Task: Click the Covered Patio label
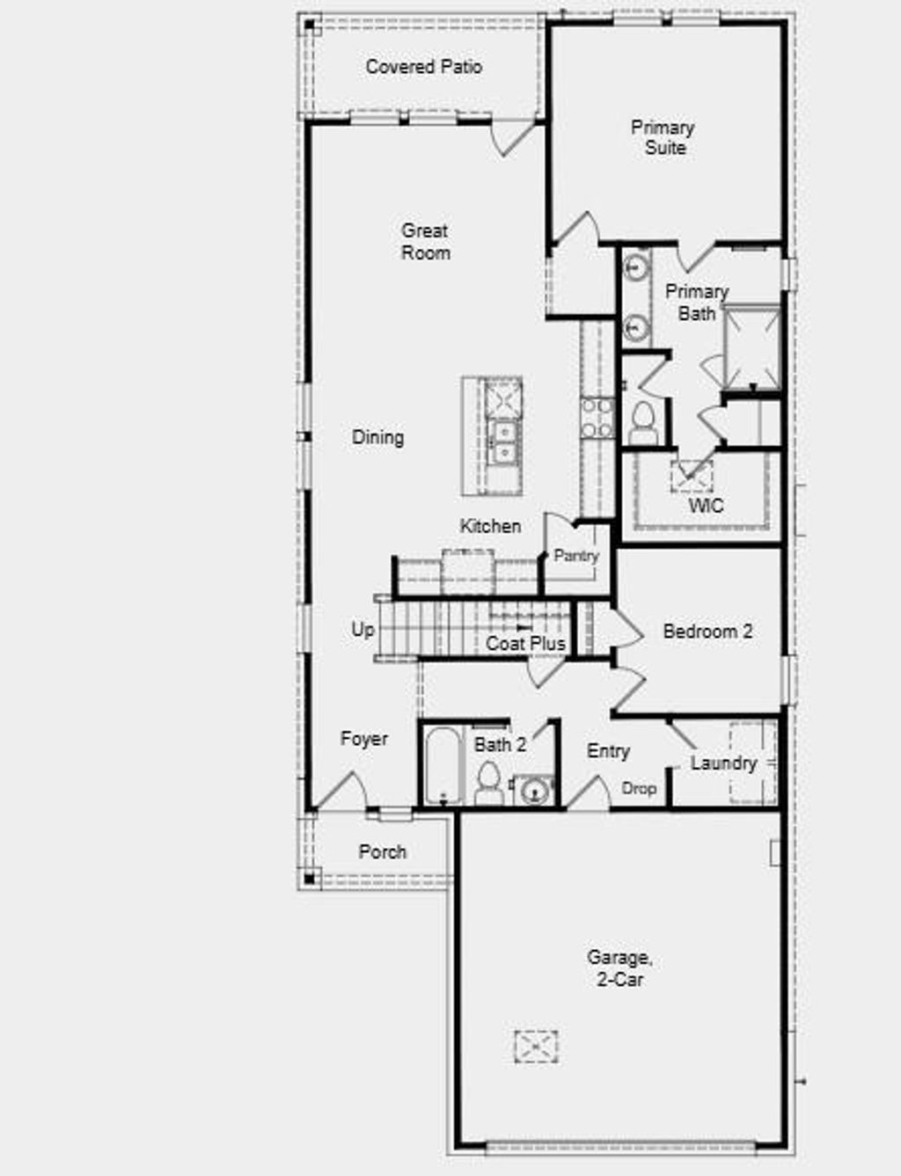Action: (423, 66)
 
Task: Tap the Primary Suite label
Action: (663, 138)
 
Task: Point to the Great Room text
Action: (426, 242)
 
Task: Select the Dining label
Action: (378, 437)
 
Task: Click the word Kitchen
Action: (490, 526)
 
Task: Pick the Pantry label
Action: (575, 556)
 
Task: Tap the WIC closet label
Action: (706, 506)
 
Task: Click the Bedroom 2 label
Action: (707, 632)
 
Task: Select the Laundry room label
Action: (723, 763)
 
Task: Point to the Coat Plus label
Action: (525, 644)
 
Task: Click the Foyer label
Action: (364, 739)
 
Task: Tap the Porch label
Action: (383, 851)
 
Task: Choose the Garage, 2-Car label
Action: (619, 968)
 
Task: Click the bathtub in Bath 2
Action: (443, 765)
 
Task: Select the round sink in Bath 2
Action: (533, 791)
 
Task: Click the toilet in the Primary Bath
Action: (643, 423)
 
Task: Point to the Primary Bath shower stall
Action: (751, 347)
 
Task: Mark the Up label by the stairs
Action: (363, 630)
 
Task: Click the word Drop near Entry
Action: (639, 788)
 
